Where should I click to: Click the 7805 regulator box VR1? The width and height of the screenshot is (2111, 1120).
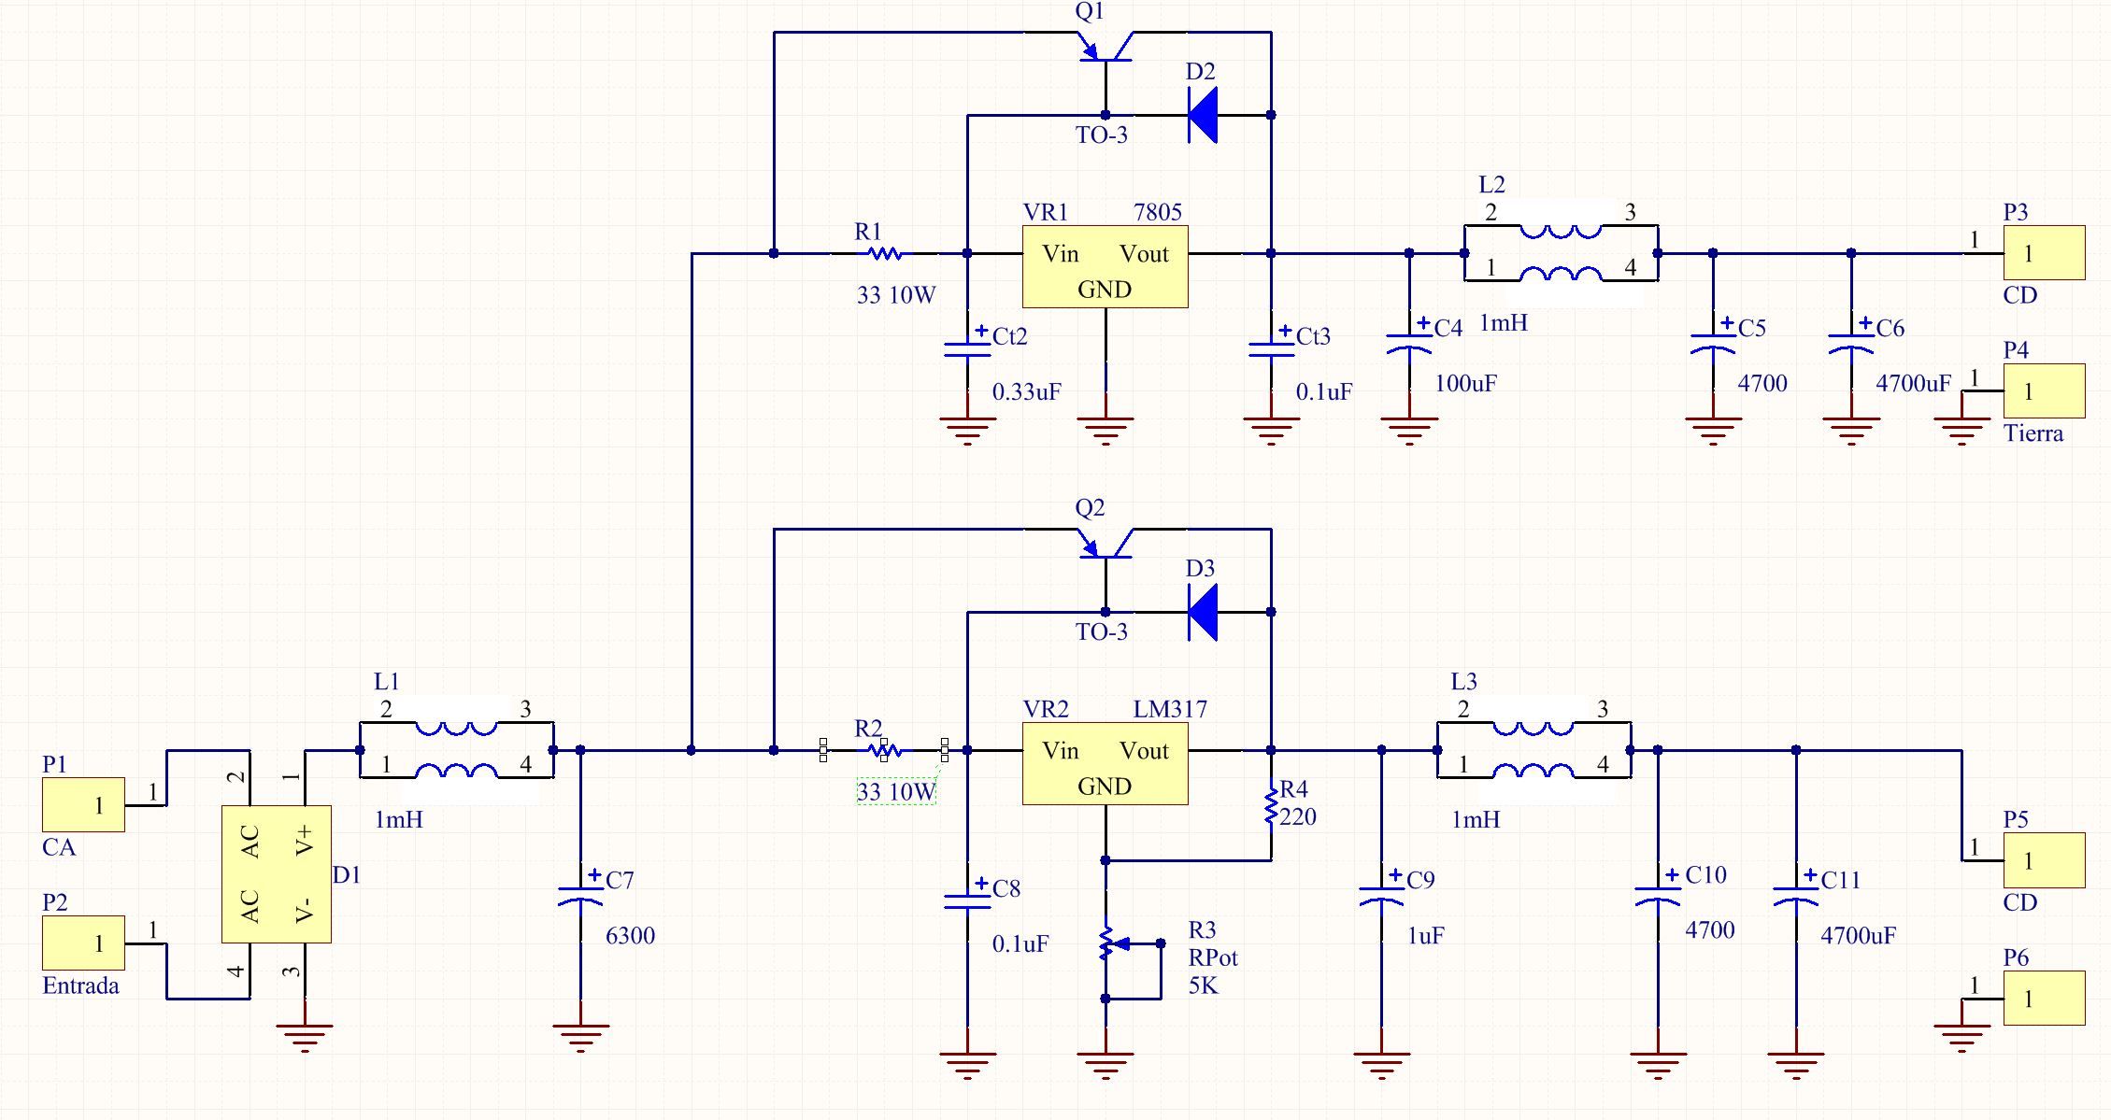click(1105, 266)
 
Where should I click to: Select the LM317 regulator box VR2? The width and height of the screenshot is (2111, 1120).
click(1105, 763)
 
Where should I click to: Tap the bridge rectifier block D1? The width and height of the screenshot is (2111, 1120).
click(276, 874)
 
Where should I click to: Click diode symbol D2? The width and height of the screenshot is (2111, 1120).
click(1203, 115)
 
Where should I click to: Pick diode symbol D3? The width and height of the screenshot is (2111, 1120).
click(1203, 612)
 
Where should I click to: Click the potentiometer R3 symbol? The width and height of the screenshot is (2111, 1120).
click(1106, 943)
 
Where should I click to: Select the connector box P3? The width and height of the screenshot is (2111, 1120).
click(2043, 252)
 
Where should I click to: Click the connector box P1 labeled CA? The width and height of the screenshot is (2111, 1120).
click(83, 804)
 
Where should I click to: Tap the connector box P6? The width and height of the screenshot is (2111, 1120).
click(2043, 998)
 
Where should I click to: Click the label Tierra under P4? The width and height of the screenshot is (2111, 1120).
click(2033, 433)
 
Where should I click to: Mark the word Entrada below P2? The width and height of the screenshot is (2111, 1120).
click(80, 985)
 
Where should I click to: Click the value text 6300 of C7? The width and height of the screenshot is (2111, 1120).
click(630, 936)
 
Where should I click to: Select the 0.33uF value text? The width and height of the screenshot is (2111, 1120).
click(1026, 392)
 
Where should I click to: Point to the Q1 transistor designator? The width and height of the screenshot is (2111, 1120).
click(1090, 11)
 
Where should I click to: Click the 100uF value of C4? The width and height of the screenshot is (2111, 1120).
click(1465, 384)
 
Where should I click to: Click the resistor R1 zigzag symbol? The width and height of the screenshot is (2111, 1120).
click(883, 253)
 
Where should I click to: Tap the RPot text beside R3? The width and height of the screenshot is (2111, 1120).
click(1213, 957)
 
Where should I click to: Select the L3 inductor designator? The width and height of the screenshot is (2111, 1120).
click(1463, 682)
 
